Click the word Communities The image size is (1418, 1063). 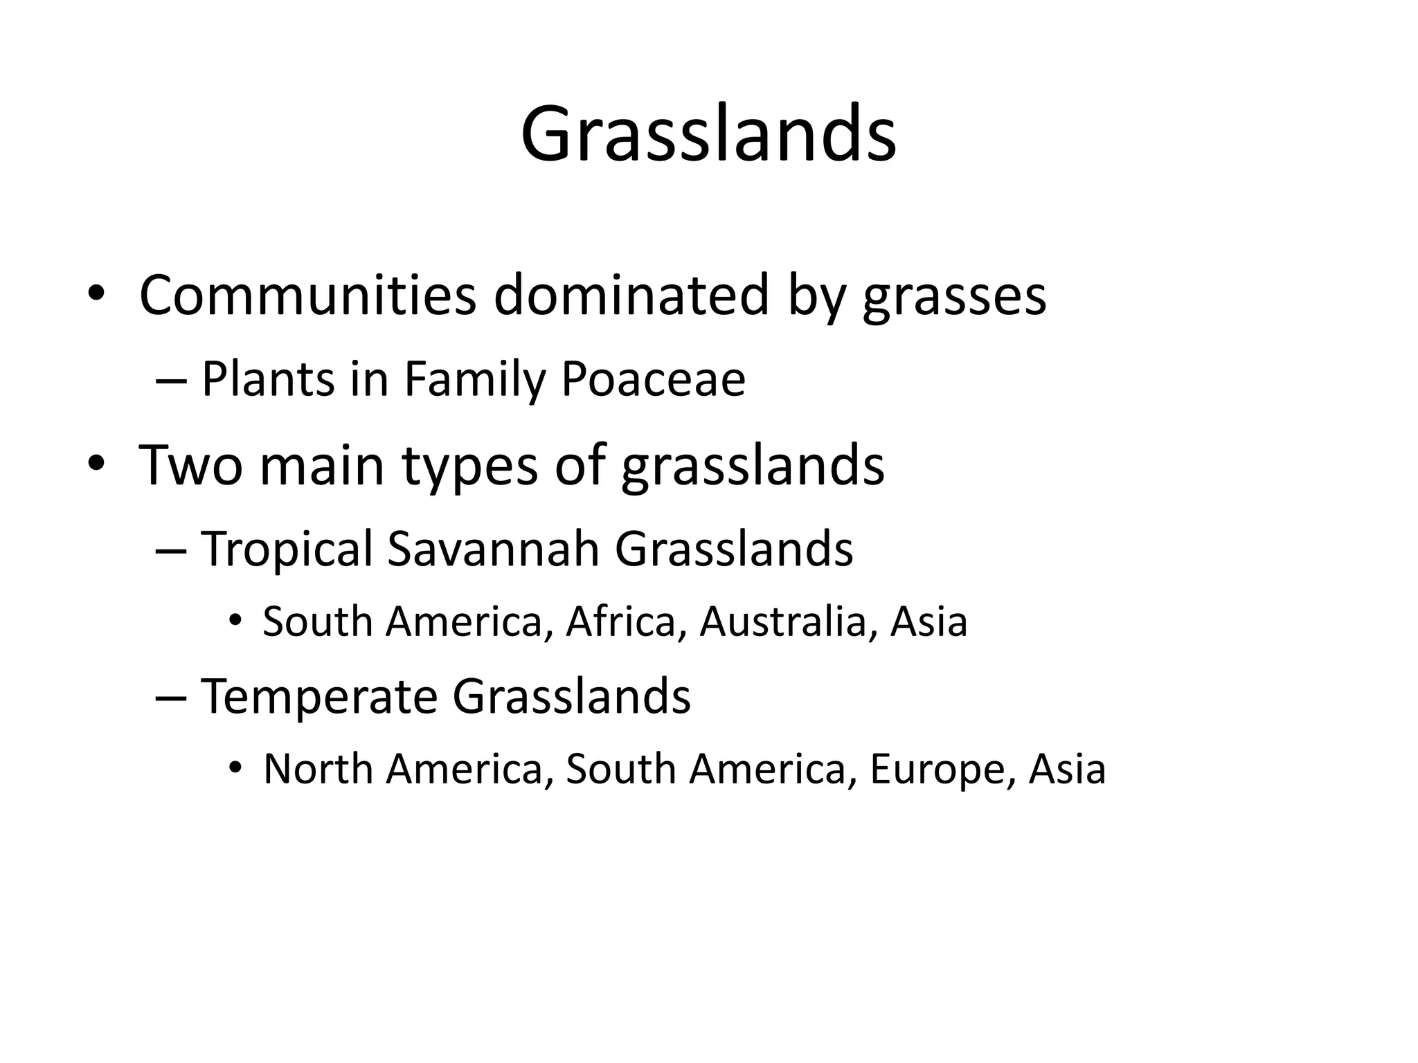(x=307, y=296)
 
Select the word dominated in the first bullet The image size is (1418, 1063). (x=631, y=296)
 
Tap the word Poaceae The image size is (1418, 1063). (x=653, y=380)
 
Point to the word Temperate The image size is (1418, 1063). (x=319, y=696)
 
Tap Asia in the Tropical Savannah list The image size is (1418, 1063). (x=928, y=621)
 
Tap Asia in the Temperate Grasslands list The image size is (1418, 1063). (x=1067, y=769)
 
